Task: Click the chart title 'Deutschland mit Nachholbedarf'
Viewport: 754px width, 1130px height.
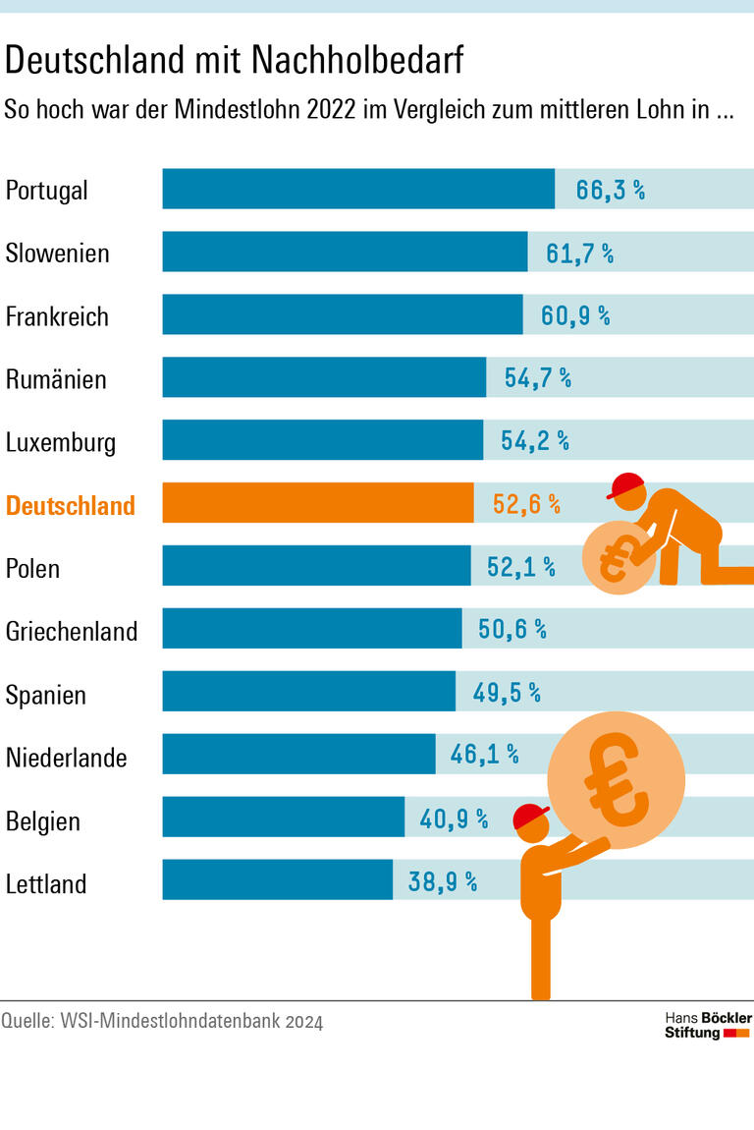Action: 234,61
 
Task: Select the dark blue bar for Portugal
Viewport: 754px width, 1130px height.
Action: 358,189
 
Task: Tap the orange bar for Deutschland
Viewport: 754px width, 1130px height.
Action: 317,502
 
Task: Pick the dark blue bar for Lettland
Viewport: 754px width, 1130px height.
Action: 277,879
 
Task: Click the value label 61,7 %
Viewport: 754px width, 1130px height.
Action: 579,254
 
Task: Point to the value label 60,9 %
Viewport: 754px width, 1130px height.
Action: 575,316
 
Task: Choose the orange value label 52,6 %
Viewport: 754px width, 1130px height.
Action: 526,505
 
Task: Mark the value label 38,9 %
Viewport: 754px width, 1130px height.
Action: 442,881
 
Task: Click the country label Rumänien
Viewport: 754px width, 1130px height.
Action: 56,379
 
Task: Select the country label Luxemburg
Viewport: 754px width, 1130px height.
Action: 61,442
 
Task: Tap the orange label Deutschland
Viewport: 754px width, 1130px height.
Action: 71,505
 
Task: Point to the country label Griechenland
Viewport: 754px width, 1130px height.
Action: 72,631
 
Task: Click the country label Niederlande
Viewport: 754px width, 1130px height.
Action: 67,758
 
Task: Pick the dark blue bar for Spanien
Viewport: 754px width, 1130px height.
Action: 308,691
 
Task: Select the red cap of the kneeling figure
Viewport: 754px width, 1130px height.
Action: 626,484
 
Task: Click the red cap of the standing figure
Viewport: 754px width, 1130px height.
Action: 531,816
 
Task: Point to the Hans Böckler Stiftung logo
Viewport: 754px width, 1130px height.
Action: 707,1024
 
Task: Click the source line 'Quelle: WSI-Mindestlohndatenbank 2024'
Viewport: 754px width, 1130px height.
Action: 162,1022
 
